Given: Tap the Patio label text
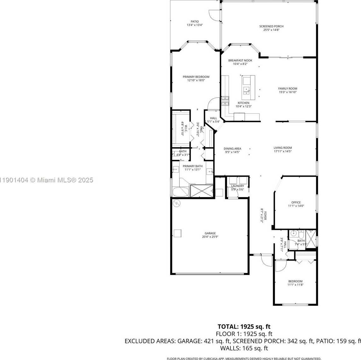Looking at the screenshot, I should pyautogui.click(x=195, y=21).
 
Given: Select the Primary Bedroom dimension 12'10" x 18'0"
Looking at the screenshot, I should pyautogui.click(x=196, y=80).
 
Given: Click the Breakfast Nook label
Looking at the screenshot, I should pyautogui.click(x=240, y=60).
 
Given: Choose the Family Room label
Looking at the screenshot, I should pyautogui.click(x=288, y=89).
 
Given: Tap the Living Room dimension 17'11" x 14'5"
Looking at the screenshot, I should pyautogui.click(x=282, y=151).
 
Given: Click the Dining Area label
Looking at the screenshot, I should pyautogui.click(x=232, y=149).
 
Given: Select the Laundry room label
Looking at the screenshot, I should pyautogui.click(x=237, y=186).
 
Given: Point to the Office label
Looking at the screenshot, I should pyautogui.click(x=296, y=203).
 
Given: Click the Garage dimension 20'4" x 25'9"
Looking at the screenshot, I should pyautogui.click(x=210, y=237).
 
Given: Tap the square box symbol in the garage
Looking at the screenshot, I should pyautogui.click(x=178, y=233).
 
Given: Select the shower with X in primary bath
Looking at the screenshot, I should pyautogui.click(x=201, y=191).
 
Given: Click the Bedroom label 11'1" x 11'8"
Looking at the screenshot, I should pyautogui.click(x=295, y=282).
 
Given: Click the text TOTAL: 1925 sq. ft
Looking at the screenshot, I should pyautogui.click(x=244, y=327).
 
